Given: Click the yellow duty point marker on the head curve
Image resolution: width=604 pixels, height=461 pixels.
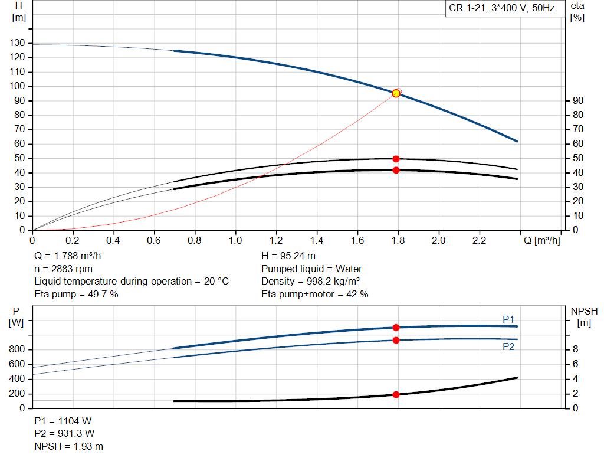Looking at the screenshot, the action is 396,94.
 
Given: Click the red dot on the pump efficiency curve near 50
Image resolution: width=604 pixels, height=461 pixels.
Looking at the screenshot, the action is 396,159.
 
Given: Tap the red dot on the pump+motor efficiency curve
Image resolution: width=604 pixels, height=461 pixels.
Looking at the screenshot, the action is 396,170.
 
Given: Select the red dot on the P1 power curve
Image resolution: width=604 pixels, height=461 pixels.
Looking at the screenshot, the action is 396,328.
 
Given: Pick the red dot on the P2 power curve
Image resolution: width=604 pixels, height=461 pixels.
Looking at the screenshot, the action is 396,340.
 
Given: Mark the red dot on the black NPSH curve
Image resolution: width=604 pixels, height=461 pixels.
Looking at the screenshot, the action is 396,394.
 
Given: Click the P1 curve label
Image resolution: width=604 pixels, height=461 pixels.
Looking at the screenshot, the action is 508,319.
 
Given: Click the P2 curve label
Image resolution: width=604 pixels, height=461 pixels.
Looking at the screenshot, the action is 508,346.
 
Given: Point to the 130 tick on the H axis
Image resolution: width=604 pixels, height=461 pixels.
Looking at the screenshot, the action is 17,42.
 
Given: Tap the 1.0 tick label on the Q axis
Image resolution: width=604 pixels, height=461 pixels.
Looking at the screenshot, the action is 235,240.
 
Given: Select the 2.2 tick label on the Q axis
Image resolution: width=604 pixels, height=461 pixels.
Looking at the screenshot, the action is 479,240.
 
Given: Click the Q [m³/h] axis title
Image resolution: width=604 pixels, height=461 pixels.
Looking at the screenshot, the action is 542,240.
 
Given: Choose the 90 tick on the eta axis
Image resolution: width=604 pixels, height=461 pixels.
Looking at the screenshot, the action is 578,100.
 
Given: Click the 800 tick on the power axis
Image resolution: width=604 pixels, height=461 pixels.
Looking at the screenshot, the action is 17,349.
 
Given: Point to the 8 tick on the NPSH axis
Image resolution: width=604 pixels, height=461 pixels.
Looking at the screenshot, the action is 576,349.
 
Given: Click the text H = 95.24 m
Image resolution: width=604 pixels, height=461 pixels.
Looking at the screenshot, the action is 288,256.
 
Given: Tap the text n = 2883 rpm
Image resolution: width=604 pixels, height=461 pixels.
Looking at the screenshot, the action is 64,269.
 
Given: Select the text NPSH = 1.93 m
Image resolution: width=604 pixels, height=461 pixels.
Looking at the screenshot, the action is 68,446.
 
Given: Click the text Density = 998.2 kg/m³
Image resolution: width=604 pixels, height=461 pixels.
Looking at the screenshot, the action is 310,282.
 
